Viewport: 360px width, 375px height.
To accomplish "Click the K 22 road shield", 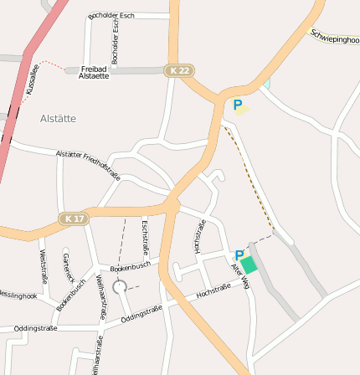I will click(177, 70).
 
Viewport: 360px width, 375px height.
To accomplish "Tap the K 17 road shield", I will click(74, 218).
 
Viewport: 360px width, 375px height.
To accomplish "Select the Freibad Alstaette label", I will click(94, 72).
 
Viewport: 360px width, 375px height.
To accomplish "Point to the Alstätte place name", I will click(58, 119).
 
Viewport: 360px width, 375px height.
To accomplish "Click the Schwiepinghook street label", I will click(335, 37).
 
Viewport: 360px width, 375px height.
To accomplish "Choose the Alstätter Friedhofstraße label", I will click(88, 165).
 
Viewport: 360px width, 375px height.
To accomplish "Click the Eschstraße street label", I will click(146, 237).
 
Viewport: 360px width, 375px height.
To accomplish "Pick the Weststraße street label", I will click(43, 265).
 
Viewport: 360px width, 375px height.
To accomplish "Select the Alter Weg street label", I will click(240, 276).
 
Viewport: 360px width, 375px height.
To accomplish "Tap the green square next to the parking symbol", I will click(249, 265).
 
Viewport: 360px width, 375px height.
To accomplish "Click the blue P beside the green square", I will click(239, 255).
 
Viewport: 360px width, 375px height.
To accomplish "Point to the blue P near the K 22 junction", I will click(238, 105).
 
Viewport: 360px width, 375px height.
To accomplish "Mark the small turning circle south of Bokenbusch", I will click(119, 286).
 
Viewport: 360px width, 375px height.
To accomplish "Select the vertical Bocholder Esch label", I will click(116, 39).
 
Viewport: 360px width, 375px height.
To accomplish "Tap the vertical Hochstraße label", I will click(199, 236).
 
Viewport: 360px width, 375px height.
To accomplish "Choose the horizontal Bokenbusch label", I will click(130, 266).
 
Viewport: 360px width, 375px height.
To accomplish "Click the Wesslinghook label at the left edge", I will click(17, 295).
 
